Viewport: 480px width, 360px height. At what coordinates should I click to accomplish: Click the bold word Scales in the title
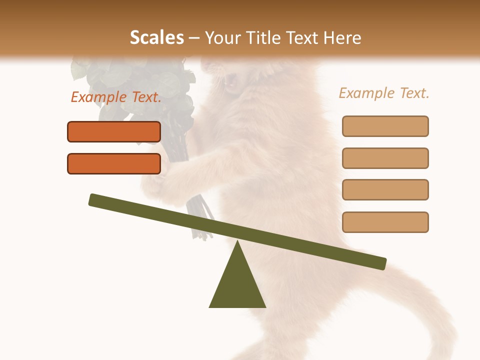[x=157, y=37]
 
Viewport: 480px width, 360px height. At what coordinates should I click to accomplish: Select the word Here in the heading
[x=342, y=37]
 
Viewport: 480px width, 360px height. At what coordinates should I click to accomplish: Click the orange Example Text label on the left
[x=116, y=97]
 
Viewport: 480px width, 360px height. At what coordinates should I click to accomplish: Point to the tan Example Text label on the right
[x=384, y=93]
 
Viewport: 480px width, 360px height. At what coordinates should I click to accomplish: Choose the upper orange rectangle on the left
[x=114, y=131]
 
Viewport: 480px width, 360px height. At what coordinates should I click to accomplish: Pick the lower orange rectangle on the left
[x=114, y=163]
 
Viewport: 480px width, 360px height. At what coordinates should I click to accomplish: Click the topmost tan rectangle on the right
[x=385, y=126]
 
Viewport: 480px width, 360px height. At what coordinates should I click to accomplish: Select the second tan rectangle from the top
[x=385, y=158]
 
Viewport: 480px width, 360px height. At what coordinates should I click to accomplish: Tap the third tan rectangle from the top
[x=385, y=189]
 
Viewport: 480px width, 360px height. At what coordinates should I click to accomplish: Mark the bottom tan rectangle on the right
[x=385, y=222]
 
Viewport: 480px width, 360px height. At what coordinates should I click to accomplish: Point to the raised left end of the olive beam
[x=94, y=199]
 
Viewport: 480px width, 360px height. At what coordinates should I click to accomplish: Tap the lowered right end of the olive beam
[x=381, y=263]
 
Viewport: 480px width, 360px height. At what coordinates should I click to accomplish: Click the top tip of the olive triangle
[x=237, y=243]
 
